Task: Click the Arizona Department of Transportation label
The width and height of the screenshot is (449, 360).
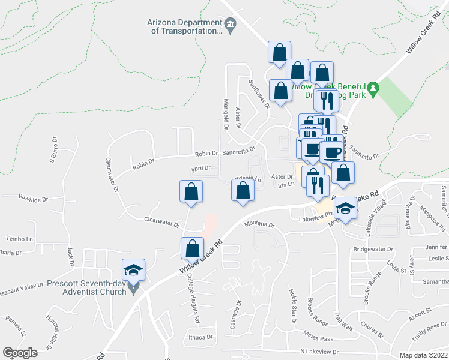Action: click(184, 26)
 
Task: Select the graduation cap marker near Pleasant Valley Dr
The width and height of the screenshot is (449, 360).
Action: click(134, 269)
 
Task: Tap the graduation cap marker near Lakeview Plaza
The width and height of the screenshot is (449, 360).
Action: click(345, 208)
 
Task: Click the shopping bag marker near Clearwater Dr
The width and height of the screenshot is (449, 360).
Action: click(191, 191)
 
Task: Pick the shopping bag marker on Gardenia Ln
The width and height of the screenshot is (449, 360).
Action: click(243, 190)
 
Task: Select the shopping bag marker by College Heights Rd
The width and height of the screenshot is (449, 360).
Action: click(191, 247)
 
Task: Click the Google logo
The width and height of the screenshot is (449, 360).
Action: click(20, 353)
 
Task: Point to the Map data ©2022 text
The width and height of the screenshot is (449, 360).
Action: click(423, 355)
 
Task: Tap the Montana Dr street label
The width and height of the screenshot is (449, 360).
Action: click(259, 225)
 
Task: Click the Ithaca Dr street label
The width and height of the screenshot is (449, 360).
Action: click(201, 337)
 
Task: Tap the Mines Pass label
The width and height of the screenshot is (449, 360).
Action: click(318, 338)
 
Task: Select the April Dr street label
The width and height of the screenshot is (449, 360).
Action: click(201, 169)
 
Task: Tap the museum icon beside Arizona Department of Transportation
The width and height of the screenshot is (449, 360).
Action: click(230, 24)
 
